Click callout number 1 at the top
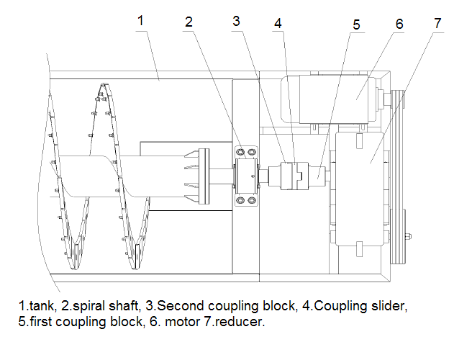pyautogui.click(x=141, y=20)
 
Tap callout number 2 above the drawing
pyautogui.click(x=189, y=22)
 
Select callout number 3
pyautogui.click(x=236, y=20)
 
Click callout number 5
pyautogui.click(x=356, y=24)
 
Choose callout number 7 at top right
pyautogui.click(x=437, y=21)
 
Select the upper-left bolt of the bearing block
pyautogui.click(x=240, y=153)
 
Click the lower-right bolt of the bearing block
pyautogui.click(x=252, y=199)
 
